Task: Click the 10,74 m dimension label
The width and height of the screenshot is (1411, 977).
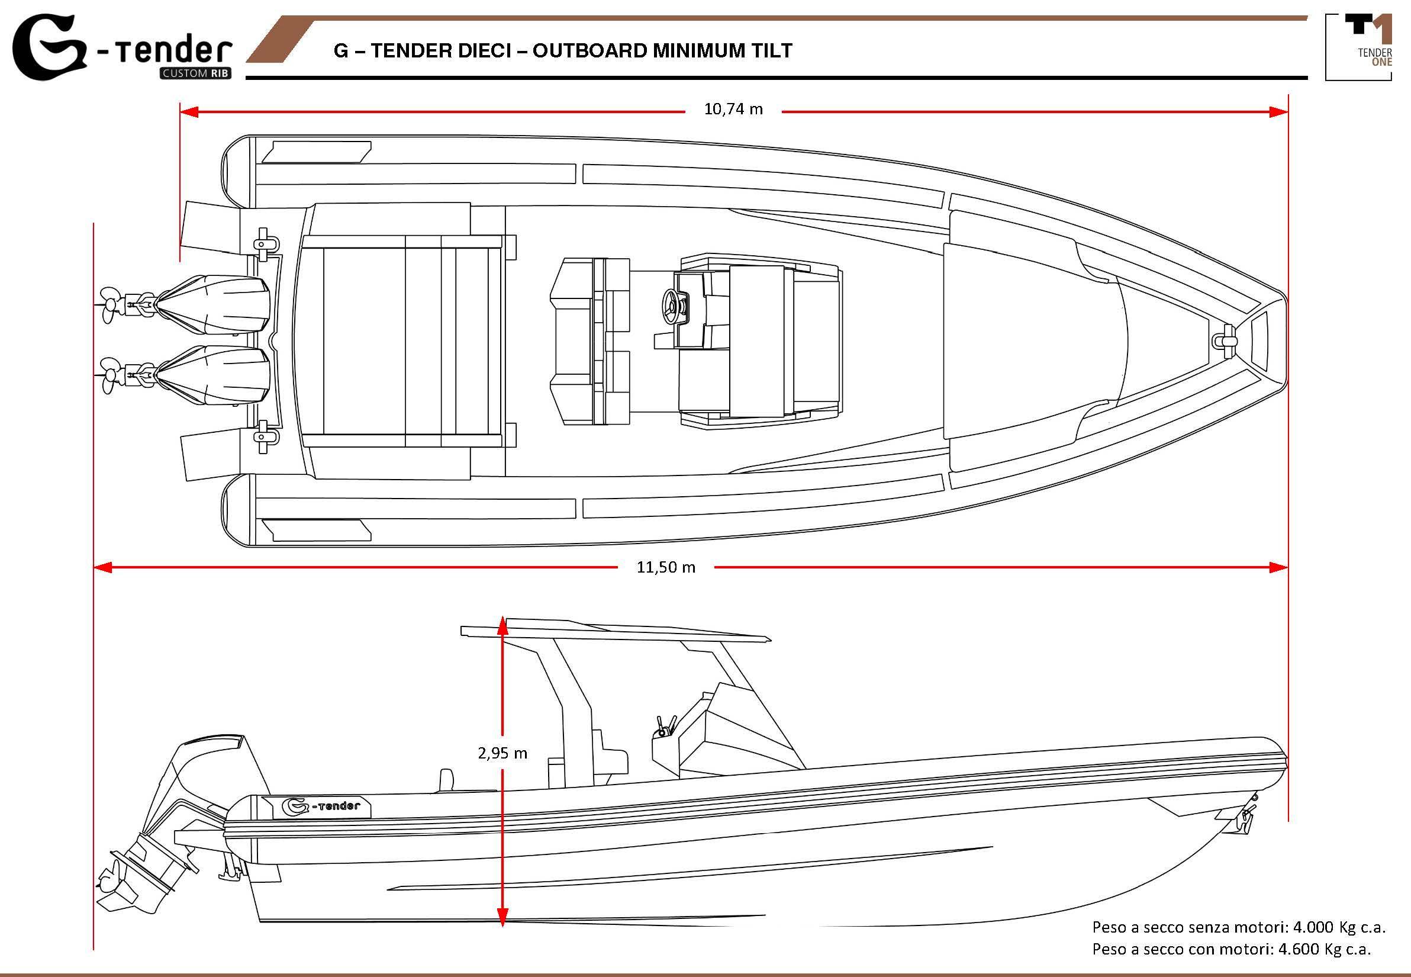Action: (733, 110)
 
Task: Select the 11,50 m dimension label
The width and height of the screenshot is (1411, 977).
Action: (666, 567)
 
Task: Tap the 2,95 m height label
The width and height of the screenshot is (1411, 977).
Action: (502, 753)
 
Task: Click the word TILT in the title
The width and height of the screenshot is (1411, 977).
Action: (773, 50)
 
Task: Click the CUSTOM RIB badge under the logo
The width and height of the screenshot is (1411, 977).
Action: (195, 75)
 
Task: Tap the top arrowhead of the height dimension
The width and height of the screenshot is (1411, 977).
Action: (502, 624)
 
